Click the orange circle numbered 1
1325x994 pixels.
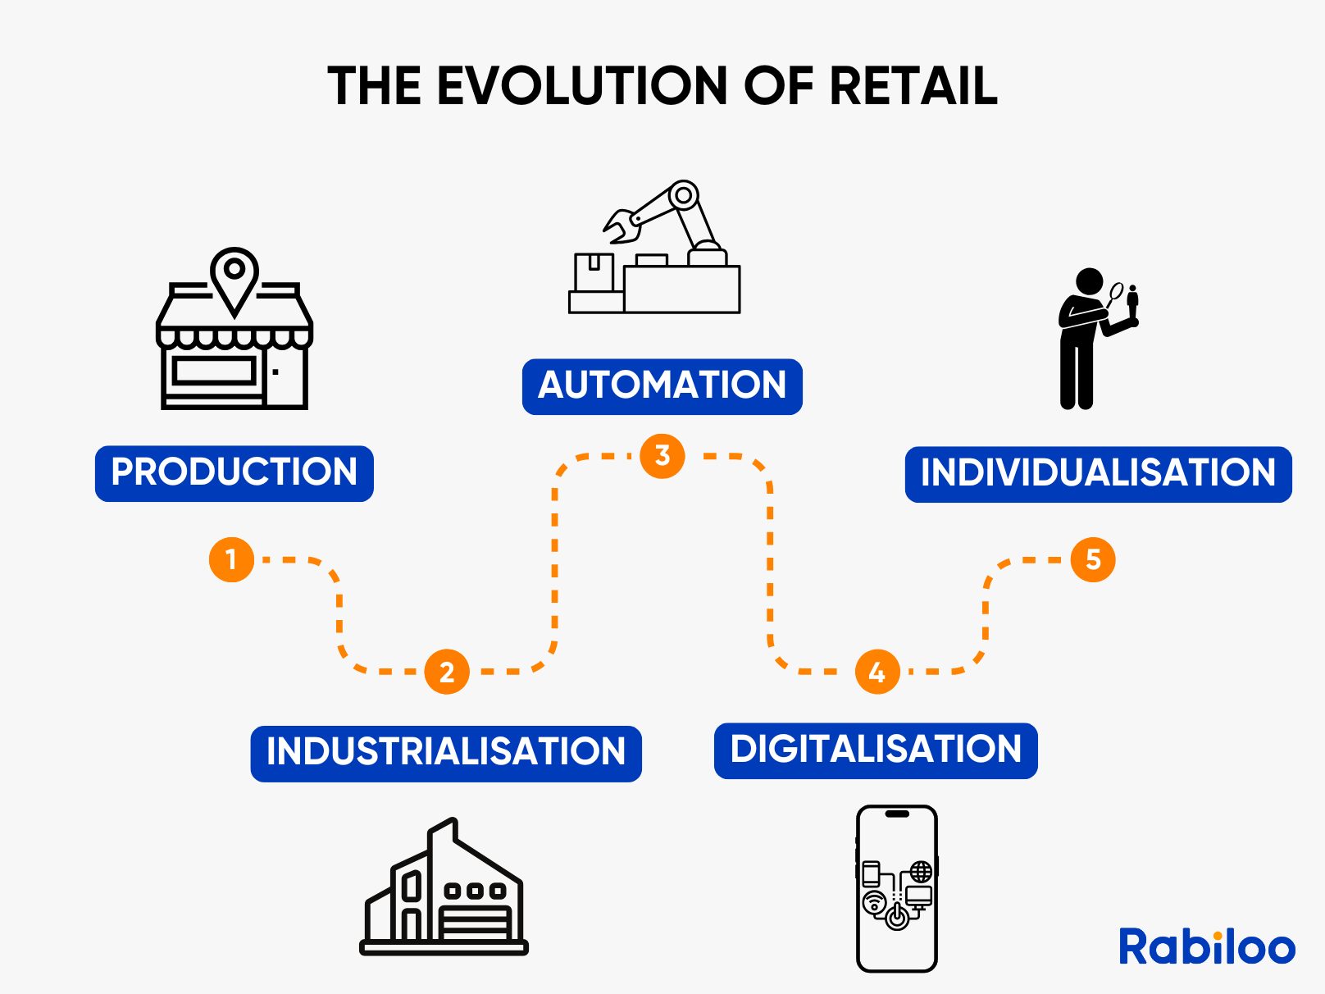click(x=231, y=559)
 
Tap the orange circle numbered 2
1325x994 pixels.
click(x=447, y=672)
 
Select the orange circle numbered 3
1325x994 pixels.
click(x=662, y=456)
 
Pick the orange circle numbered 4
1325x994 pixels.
click(x=877, y=672)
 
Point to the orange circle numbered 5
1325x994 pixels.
click(x=1093, y=559)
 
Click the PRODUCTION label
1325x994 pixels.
click(x=234, y=473)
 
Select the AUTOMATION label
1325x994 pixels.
click(x=662, y=386)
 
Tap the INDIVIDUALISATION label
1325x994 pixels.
click(x=1098, y=474)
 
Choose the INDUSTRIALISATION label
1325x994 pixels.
click(x=446, y=753)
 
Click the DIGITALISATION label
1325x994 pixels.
click(x=876, y=750)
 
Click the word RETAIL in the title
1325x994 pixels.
click(x=913, y=85)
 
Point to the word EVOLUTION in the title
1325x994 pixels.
click(x=582, y=85)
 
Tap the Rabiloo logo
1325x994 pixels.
click(x=1207, y=946)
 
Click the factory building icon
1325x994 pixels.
click(x=444, y=886)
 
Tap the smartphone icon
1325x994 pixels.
click(x=897, y=888)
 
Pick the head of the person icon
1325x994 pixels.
click(x=1089, y=281)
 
